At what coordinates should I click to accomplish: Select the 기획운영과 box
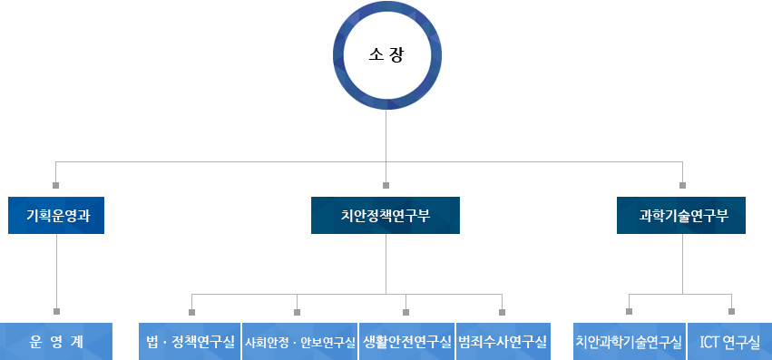(56, 215)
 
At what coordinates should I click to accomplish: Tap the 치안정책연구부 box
(386, 215)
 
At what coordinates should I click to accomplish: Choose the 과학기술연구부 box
(682, 215)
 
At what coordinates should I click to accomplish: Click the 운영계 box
(56, 342)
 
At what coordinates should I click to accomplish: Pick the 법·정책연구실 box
(190, 342)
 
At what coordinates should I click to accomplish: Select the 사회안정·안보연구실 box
(299, 342)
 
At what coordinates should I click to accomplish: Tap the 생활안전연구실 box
(406, 342)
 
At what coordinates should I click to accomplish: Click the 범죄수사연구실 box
(503, 342)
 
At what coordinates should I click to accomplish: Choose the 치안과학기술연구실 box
(629, 342)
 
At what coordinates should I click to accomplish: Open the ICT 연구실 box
(730, 342)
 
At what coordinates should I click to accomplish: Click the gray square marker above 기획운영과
(56, 185)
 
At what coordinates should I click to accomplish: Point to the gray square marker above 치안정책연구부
(386, 185)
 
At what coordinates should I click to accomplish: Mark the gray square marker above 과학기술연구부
(682, 185)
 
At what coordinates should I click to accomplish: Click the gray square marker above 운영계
(56, 311)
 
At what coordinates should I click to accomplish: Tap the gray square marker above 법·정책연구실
(191, 311)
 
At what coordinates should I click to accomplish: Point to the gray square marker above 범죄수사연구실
(502, 311)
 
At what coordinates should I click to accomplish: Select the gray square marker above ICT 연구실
(731, 311)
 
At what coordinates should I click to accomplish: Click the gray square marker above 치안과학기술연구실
(629, 311)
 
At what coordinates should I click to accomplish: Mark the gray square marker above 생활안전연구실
(406, 311)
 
